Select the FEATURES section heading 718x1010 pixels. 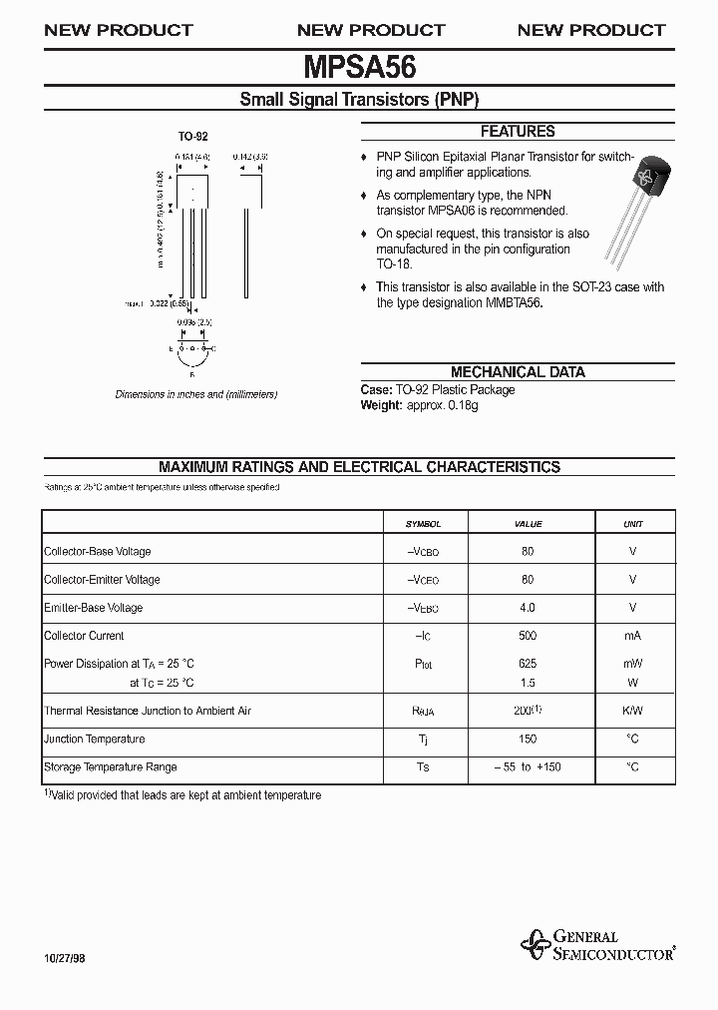point(517,131)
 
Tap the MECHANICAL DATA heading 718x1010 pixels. point(517,372)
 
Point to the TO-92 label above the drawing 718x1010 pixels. point(192,136)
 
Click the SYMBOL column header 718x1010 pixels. point(423,524)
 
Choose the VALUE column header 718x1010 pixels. point(528,524)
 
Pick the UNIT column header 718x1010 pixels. point(633,524)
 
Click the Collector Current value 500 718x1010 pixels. point(528,636)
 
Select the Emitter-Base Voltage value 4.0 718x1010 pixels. point(528,608)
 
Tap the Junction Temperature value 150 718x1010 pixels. point(528,740)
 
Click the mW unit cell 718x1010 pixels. point(633,664)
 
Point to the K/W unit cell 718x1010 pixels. point(633,711)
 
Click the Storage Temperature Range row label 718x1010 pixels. point(111,767)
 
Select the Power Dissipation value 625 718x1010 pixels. point(528,664)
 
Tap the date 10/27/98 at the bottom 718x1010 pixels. point(65,956)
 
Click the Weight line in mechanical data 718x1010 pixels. point(419,406)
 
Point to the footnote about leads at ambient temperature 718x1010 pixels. point(183,795)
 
